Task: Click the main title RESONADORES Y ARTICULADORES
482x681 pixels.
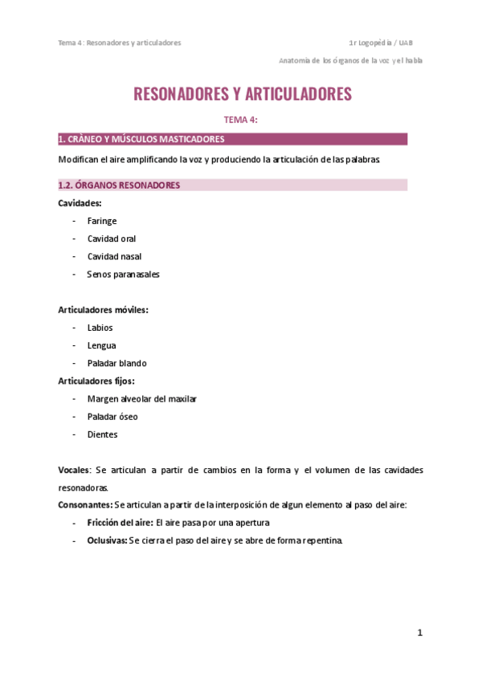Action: (x=242, y=94)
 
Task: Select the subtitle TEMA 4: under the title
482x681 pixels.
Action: (x=240, y=120)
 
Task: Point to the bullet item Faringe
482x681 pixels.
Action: (x=102, y=221)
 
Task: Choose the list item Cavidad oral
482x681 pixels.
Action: (x=112, y=239)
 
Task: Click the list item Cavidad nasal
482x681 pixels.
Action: (x=114, y=256)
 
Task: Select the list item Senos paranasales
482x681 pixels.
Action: (x=123, y=274)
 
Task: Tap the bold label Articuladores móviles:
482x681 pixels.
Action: (x=103, y=309)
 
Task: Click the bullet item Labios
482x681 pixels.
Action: (x=100, y=328)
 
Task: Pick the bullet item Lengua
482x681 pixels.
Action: (x=102, y=345)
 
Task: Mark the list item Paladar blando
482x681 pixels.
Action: (x=117, y=363)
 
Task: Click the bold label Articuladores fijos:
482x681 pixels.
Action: (x=96, y=381)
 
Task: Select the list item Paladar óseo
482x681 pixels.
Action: (x=112, y=417)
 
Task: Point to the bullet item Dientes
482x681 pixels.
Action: (x=102, y=434)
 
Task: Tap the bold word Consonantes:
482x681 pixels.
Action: (x=85, y=504)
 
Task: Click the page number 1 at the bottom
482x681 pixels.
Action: (x=419, y=633)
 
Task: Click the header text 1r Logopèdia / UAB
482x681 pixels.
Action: (x=382, y=43)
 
